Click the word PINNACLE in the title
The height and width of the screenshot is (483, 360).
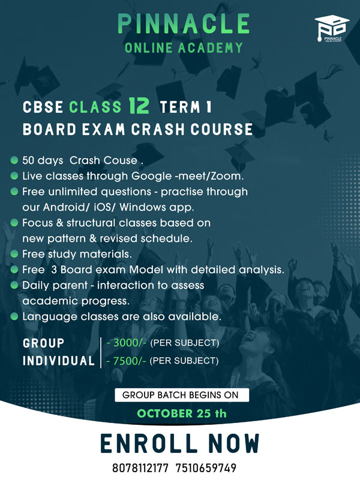pos(184,23)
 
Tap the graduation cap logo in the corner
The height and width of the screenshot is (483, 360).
pos(332,29)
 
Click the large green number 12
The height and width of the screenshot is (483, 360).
pos(139,106)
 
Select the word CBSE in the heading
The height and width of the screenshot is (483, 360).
pos(43,107)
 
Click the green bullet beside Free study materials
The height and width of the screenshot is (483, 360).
pos(14,254)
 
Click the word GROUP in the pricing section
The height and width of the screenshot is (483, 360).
pos(43,343)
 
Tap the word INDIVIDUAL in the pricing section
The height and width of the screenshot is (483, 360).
pos(59,361)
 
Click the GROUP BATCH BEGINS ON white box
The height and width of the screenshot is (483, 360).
pos(182,395)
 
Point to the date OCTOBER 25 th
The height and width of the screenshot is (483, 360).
pos(182,413)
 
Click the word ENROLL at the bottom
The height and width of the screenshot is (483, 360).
pos(149,443)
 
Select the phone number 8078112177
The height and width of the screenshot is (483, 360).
pos(140,468)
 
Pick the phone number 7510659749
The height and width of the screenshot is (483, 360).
pos(206,468)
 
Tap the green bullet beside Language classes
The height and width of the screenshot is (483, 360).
pos(14,316)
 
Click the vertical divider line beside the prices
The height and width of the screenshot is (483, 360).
pos(101,353)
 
